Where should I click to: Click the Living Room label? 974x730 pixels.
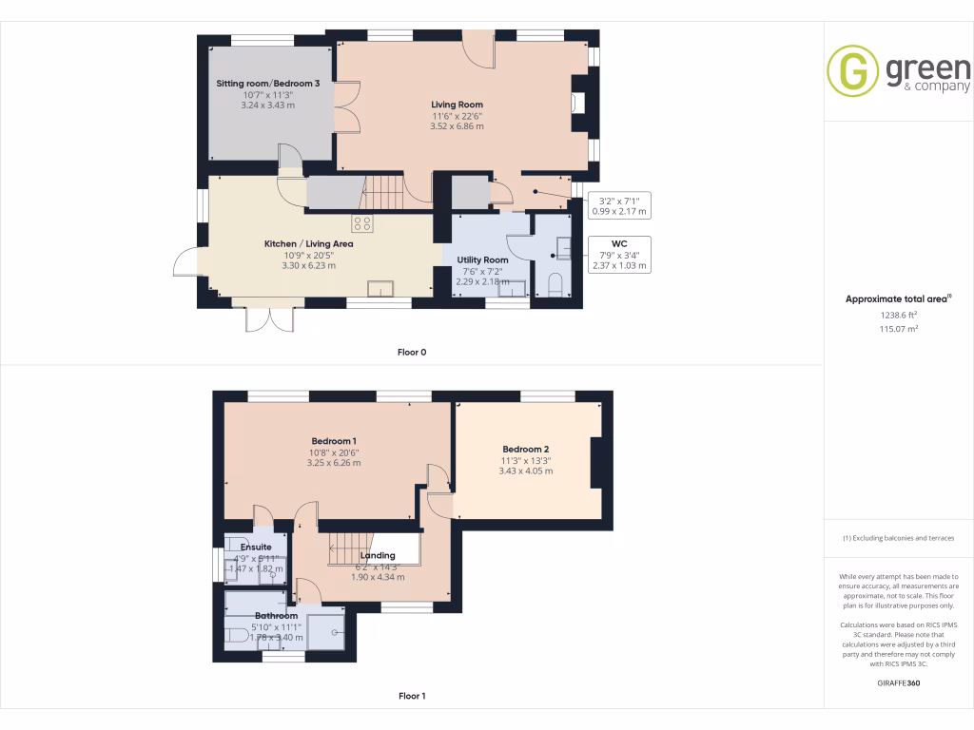tap(457, 105)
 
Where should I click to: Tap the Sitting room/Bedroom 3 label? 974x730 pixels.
tap(267, 84)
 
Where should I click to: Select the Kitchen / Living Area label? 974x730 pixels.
tap(309, 244)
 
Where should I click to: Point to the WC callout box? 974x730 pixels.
tap(619, 255)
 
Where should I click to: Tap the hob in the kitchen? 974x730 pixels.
tap(362, 224)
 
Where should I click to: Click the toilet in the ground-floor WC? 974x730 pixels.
tap(555, 284)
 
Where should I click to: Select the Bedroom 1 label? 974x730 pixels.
tap(334, 441)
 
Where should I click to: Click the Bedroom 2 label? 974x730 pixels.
tap(525, 449)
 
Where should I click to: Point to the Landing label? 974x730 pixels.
tap(378, 555)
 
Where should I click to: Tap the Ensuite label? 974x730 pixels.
tap(256, 547)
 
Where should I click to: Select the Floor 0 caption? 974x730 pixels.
tap(412, 352)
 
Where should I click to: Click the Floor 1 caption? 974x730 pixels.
tap(412, 696)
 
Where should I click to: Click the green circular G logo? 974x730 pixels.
tap(852, 72)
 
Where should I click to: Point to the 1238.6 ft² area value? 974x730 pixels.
tap(898, 315)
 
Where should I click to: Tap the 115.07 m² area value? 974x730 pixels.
tap(898, 328)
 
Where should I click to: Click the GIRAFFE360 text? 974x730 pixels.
tap(898, 683)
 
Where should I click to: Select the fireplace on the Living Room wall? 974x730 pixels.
tap(577, 104)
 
